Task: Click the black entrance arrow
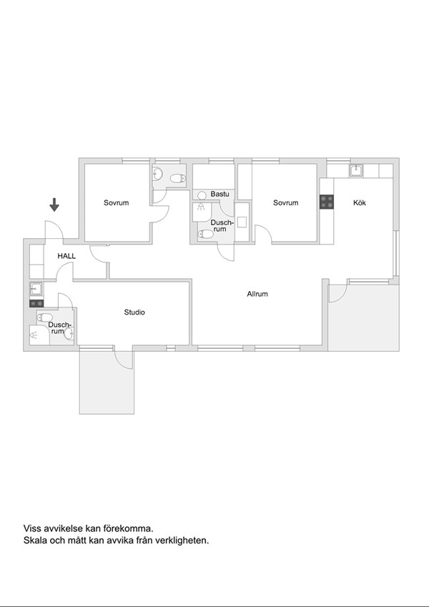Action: [x=54, y=204]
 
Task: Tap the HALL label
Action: [x=66, y=256]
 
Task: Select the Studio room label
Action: [x=134, y=312]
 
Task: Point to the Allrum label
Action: [x=257, y=294]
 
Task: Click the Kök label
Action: [x=360, y=202]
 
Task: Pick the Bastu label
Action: [x=220, y=194]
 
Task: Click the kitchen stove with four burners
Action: [x=327, y=202]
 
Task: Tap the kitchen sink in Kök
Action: [x=356, y=170]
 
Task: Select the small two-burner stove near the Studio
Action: [x=36, y=303]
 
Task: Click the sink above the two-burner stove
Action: [x=36, y=288]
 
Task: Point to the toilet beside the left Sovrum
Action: [x=177, y=179]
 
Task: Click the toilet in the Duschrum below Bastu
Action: [x=206, y=235]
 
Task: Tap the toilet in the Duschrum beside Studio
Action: [x=45, y=317]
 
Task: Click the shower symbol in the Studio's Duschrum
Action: [x=34, y=335]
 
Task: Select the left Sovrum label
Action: [x=116, y=202]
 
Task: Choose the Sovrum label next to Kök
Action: [x=286, y=202]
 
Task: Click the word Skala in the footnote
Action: [x=34, y=541]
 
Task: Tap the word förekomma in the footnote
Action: [x=127, y=528]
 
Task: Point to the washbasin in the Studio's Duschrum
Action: [x=69, y=334]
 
